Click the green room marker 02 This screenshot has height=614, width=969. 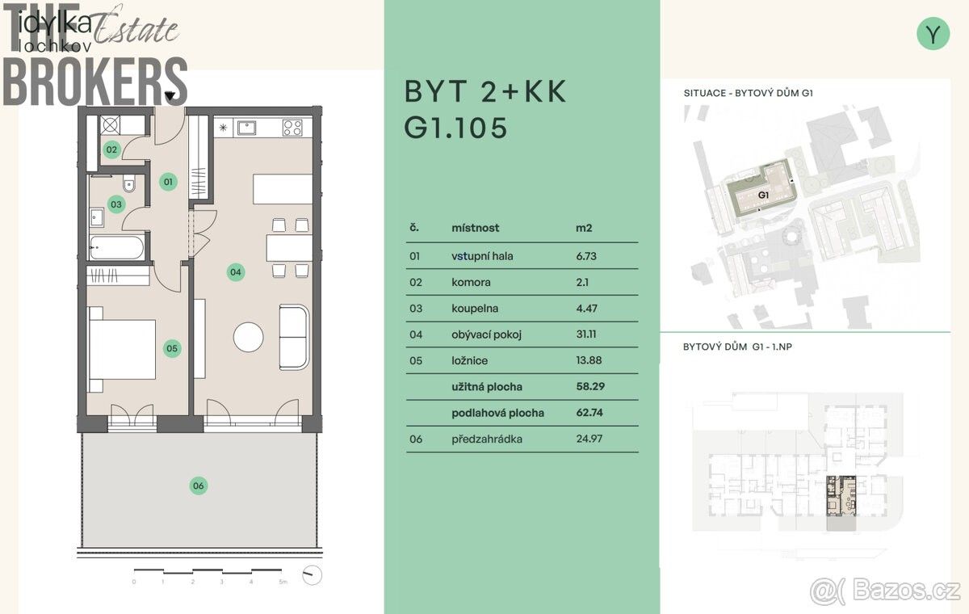111,149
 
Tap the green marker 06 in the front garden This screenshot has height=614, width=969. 199,486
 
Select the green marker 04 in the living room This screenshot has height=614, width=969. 235,272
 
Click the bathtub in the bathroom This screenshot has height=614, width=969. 117,247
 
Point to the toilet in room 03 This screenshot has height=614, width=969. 129,183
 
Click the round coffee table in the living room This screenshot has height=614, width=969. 249,337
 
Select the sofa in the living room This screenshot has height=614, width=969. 294,338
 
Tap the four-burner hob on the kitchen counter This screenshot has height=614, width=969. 292,128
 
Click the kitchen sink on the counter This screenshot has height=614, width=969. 246,128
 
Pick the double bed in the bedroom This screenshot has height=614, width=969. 123,350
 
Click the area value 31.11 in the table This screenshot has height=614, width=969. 586,334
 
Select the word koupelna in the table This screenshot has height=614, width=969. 475,309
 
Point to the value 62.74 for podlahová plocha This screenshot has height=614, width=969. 589,412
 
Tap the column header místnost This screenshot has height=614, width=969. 476,228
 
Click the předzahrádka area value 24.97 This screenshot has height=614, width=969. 589,439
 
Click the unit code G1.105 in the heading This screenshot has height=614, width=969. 455,128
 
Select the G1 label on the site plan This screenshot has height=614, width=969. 764,196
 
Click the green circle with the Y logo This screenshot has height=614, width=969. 933,34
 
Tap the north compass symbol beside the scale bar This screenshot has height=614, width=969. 312,575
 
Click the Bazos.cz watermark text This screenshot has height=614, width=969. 905,589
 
